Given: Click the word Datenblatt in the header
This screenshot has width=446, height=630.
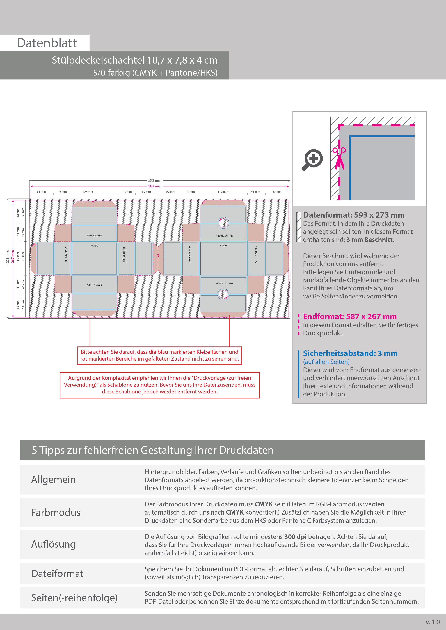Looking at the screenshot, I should tap(47, 43).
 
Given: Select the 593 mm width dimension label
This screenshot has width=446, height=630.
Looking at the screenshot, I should tap(155, 180).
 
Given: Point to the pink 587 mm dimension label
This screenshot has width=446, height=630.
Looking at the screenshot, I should tap(155, 186).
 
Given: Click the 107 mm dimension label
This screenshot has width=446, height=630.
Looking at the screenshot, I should tap(88, 191).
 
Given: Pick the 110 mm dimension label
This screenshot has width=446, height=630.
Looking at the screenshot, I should tap(223, 191).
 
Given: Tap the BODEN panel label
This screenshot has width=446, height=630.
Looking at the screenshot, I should tap(94, 246).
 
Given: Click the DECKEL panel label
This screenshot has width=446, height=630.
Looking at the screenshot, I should tap(224, 245).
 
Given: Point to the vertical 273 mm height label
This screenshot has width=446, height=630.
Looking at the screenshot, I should tap(8, 257).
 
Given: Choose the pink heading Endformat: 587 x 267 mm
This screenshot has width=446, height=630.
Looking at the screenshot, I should tap(350, 317).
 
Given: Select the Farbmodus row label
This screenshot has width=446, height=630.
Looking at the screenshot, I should tap(56, 513).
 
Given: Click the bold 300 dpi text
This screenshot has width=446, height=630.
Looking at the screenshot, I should tap(295, 537).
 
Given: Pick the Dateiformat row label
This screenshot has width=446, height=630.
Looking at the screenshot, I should tap(57, 573).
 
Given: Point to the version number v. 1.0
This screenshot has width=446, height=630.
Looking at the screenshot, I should tap(433, 622).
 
